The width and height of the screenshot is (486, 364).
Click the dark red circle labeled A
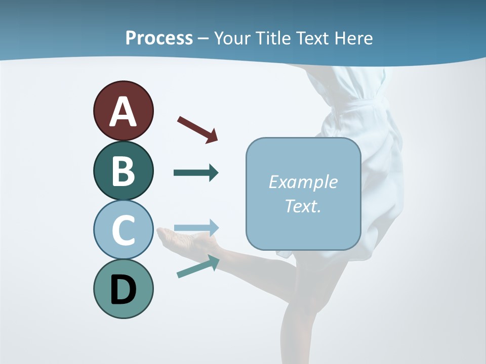123,111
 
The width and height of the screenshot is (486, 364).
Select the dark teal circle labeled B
123,171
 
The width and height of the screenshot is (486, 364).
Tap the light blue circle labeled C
123,230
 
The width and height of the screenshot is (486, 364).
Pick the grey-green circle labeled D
123,289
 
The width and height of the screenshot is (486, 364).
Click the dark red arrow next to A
197,129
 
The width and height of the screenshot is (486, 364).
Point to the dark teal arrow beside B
196,173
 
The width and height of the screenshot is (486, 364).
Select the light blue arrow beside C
196,227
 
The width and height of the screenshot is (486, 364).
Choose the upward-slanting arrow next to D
198,266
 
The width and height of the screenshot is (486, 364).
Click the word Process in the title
159,38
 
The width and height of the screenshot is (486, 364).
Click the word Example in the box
303,182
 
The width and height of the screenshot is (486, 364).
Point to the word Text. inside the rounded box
303,206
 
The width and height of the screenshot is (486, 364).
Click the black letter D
123,290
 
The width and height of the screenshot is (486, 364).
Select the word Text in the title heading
313,38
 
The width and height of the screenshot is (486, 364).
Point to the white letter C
123,231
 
